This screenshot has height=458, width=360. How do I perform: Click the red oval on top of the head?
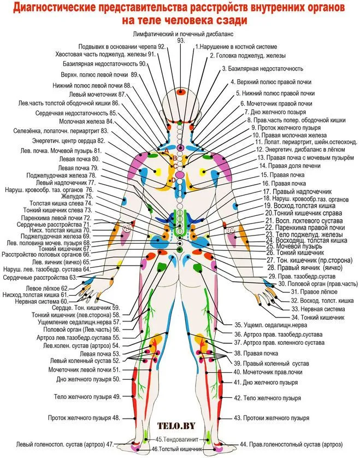point(181,92)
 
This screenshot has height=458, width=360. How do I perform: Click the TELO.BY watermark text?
point(176,425)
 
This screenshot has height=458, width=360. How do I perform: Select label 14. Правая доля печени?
point(290,166)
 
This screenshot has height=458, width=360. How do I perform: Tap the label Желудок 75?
point(77,197)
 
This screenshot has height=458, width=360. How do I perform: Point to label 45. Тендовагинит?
point(177,439)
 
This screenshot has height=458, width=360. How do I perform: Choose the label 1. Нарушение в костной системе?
point(236,47)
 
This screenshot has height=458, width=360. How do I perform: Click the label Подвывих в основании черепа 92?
point(122,47)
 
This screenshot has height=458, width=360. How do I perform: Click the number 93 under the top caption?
point(181,40)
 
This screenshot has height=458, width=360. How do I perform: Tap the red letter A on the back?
point(167,151)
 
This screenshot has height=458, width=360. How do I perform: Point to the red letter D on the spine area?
point(173,180)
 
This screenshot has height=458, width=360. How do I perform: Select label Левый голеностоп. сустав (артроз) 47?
point(65,444)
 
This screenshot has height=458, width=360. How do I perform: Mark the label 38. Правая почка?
point(256,354)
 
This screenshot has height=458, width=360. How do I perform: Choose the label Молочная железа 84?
point(87,121)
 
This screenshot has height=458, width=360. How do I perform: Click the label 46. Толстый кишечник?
point(177,449)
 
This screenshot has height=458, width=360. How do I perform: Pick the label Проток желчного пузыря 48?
point(84,418)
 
